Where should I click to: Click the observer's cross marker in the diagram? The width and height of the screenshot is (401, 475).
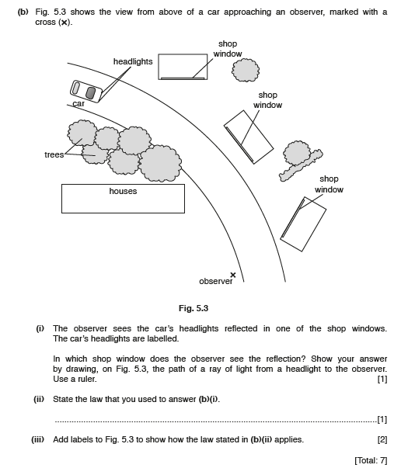[233, 275]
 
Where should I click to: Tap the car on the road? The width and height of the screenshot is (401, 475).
[86, 92]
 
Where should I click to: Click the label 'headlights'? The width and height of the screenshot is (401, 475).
[133, 61]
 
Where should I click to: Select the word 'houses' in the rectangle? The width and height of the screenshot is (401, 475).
[123, 191]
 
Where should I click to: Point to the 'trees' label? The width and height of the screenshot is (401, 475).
[54, 154]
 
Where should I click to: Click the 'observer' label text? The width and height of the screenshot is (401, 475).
[216, 282]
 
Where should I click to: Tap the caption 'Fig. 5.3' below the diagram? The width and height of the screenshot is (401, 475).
[194, 308]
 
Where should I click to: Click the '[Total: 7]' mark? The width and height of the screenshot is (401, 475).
[371, 460]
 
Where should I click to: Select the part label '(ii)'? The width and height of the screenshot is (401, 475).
[39, 399]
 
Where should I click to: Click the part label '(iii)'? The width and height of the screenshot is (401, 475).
[37, 439]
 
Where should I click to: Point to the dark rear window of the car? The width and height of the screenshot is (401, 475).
[90, 93]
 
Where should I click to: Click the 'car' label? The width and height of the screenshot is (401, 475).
[78, 103]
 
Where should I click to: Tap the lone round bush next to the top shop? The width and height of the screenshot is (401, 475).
[246, 70]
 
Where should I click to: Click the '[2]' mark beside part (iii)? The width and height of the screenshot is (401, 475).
[382, 439]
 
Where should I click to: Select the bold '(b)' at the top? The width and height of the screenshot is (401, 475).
[23, 12]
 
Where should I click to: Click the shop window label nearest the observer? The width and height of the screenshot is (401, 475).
[329, 184]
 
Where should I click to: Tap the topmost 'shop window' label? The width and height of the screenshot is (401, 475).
[228, 49]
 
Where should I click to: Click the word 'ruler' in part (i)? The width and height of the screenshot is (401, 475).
[87, 379]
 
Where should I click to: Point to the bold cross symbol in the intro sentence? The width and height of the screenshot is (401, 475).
[64, 23]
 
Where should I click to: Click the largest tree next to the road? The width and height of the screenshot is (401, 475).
[160, 164]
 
